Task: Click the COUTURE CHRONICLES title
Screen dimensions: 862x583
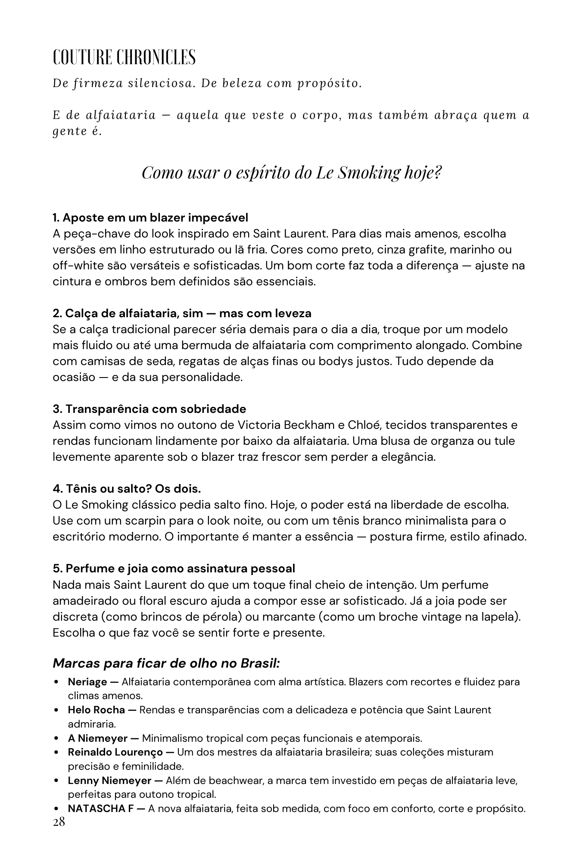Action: pos(124,57)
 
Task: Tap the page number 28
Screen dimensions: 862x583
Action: pos(59,822)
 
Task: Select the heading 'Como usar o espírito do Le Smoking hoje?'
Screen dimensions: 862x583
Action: pos(292,172)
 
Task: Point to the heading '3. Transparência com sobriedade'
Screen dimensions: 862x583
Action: pos(149,409)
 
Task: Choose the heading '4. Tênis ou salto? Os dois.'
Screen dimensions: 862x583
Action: pos(127,489)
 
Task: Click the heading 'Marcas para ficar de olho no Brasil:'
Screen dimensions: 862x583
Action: pos(166,663)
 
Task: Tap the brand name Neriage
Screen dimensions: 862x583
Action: pos(87,682)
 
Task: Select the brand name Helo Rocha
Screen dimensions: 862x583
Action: pos(97,710)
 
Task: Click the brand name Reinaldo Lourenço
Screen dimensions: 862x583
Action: pos(115,752)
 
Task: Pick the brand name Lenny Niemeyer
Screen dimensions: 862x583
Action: pos(109,780)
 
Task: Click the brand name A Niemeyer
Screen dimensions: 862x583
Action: pos(97,738)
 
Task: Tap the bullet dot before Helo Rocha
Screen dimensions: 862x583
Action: pos(57,710)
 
